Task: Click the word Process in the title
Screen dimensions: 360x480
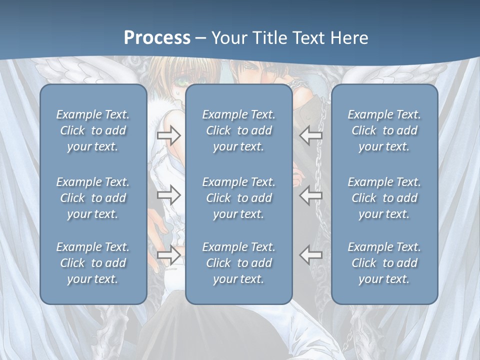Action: point(157,38)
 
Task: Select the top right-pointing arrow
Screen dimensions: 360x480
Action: point(168,135)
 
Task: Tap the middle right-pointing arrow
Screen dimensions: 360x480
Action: point(168,195)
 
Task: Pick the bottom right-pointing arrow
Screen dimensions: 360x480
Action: point(168,255)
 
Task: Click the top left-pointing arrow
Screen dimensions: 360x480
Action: point(311,135)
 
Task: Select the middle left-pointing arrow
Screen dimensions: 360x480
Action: point(311,195)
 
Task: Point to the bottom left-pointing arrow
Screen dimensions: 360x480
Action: point(311,255)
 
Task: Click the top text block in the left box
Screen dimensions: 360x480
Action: point(93,130)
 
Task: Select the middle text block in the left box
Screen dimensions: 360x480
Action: point(93,198)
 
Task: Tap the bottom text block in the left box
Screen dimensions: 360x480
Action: point(93,263)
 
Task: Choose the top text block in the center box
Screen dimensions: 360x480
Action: point(239,130)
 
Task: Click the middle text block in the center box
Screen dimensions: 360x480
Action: point(239,198)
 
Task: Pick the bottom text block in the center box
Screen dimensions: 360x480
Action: point(239,263)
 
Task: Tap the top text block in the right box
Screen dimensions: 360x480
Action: point(384,130)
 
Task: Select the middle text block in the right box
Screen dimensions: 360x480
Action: point(384,198)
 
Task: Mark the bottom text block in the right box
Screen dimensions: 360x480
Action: point(384,263)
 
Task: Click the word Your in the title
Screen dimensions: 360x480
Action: point(228,38)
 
